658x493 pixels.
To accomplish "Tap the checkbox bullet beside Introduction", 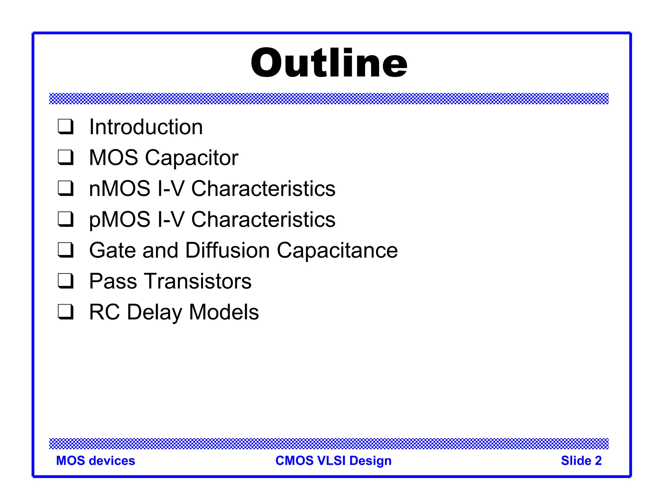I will pyautogui.click(x=66, y=126).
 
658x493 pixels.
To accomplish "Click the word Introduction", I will pyautogui.click(x=146, y=127).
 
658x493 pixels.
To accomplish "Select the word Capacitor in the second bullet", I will pyautogui.click(x=191, y=158).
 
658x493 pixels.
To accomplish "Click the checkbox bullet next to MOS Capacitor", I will pyautogui.click(x=66, y=157).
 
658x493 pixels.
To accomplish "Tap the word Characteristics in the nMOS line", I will pyautogui.click(x=263, y=188).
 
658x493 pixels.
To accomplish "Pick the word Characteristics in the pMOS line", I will pyautogui.click(x=263, y=220).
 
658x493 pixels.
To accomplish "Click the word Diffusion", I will pyautogui.click(x=227, y=250).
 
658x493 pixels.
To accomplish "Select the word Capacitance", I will pyautogui.click(x=337, y=250).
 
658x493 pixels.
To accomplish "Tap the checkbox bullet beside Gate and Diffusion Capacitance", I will pyautogui.click(x=66, y=250).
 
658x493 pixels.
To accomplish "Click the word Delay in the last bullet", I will pyautogui.click(x=154, y=312).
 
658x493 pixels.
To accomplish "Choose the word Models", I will pyautogui.click(x=224, y=312).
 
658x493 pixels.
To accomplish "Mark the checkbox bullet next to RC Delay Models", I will pyautogui.click(x=66, y=312).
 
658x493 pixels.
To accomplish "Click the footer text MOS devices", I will pyautogui.click(x=95, y=461).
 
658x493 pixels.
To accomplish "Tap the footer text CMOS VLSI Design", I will pyautogui.click(x=333, y=461).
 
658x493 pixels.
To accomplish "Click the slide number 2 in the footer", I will pyautogui.click(x=598, y=461).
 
